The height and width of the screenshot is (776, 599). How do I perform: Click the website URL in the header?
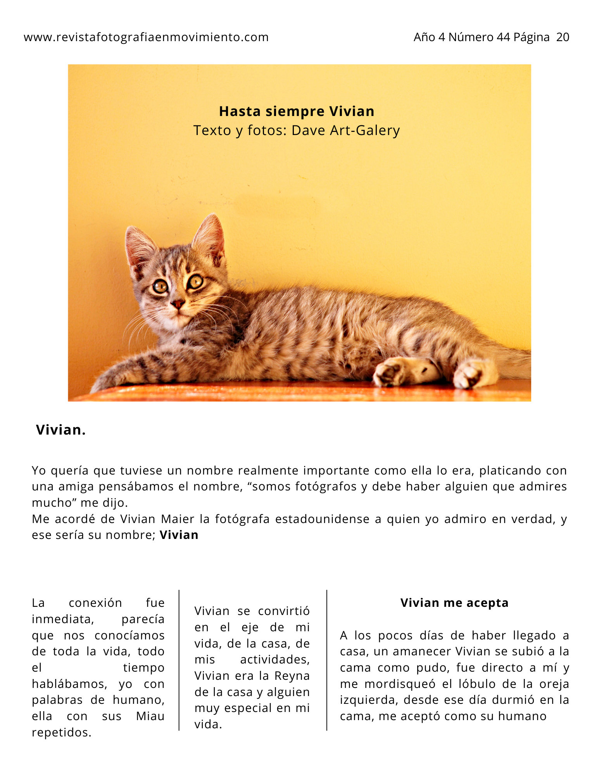coord(146,37)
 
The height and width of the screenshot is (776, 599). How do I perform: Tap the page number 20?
coord(563,37)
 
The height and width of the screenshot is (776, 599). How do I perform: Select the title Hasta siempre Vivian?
coord(297,111)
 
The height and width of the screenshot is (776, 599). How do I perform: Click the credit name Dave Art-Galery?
coord(345,130)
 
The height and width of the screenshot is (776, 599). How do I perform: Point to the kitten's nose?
coord(178,304)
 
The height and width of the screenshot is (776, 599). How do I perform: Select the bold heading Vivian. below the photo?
coord(60,430)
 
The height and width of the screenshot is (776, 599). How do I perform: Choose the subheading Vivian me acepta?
coord(454,603)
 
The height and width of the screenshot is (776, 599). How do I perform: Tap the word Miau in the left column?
coord(150,716)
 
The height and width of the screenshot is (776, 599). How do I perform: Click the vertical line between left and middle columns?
coord(179,660)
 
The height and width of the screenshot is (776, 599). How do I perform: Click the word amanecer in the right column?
coord(422,651)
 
